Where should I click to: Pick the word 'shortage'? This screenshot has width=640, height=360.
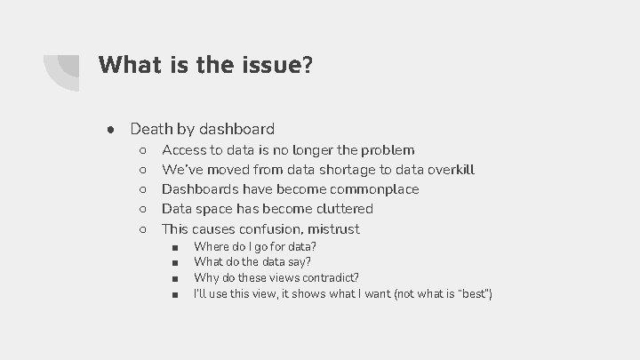click(x=340, y=170)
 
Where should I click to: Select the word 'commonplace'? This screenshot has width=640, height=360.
click(x=373, y=189)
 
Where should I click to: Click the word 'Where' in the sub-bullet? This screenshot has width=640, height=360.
click(x=210, y=246)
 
